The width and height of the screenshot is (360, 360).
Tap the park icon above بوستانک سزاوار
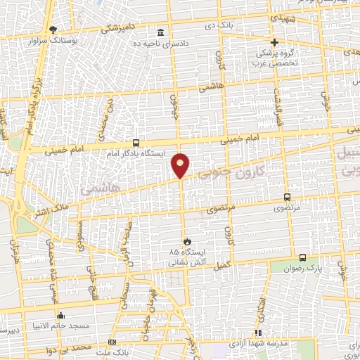point(53,29)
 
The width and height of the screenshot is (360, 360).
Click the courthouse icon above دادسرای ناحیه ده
point(162,33)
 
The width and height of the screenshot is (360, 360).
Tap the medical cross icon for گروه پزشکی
point(275,41)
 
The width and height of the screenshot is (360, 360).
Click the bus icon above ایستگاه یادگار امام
point(136,141)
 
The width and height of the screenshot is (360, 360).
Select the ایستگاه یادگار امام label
point(135,153)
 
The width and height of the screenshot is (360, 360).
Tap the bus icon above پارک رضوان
point(303,258)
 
